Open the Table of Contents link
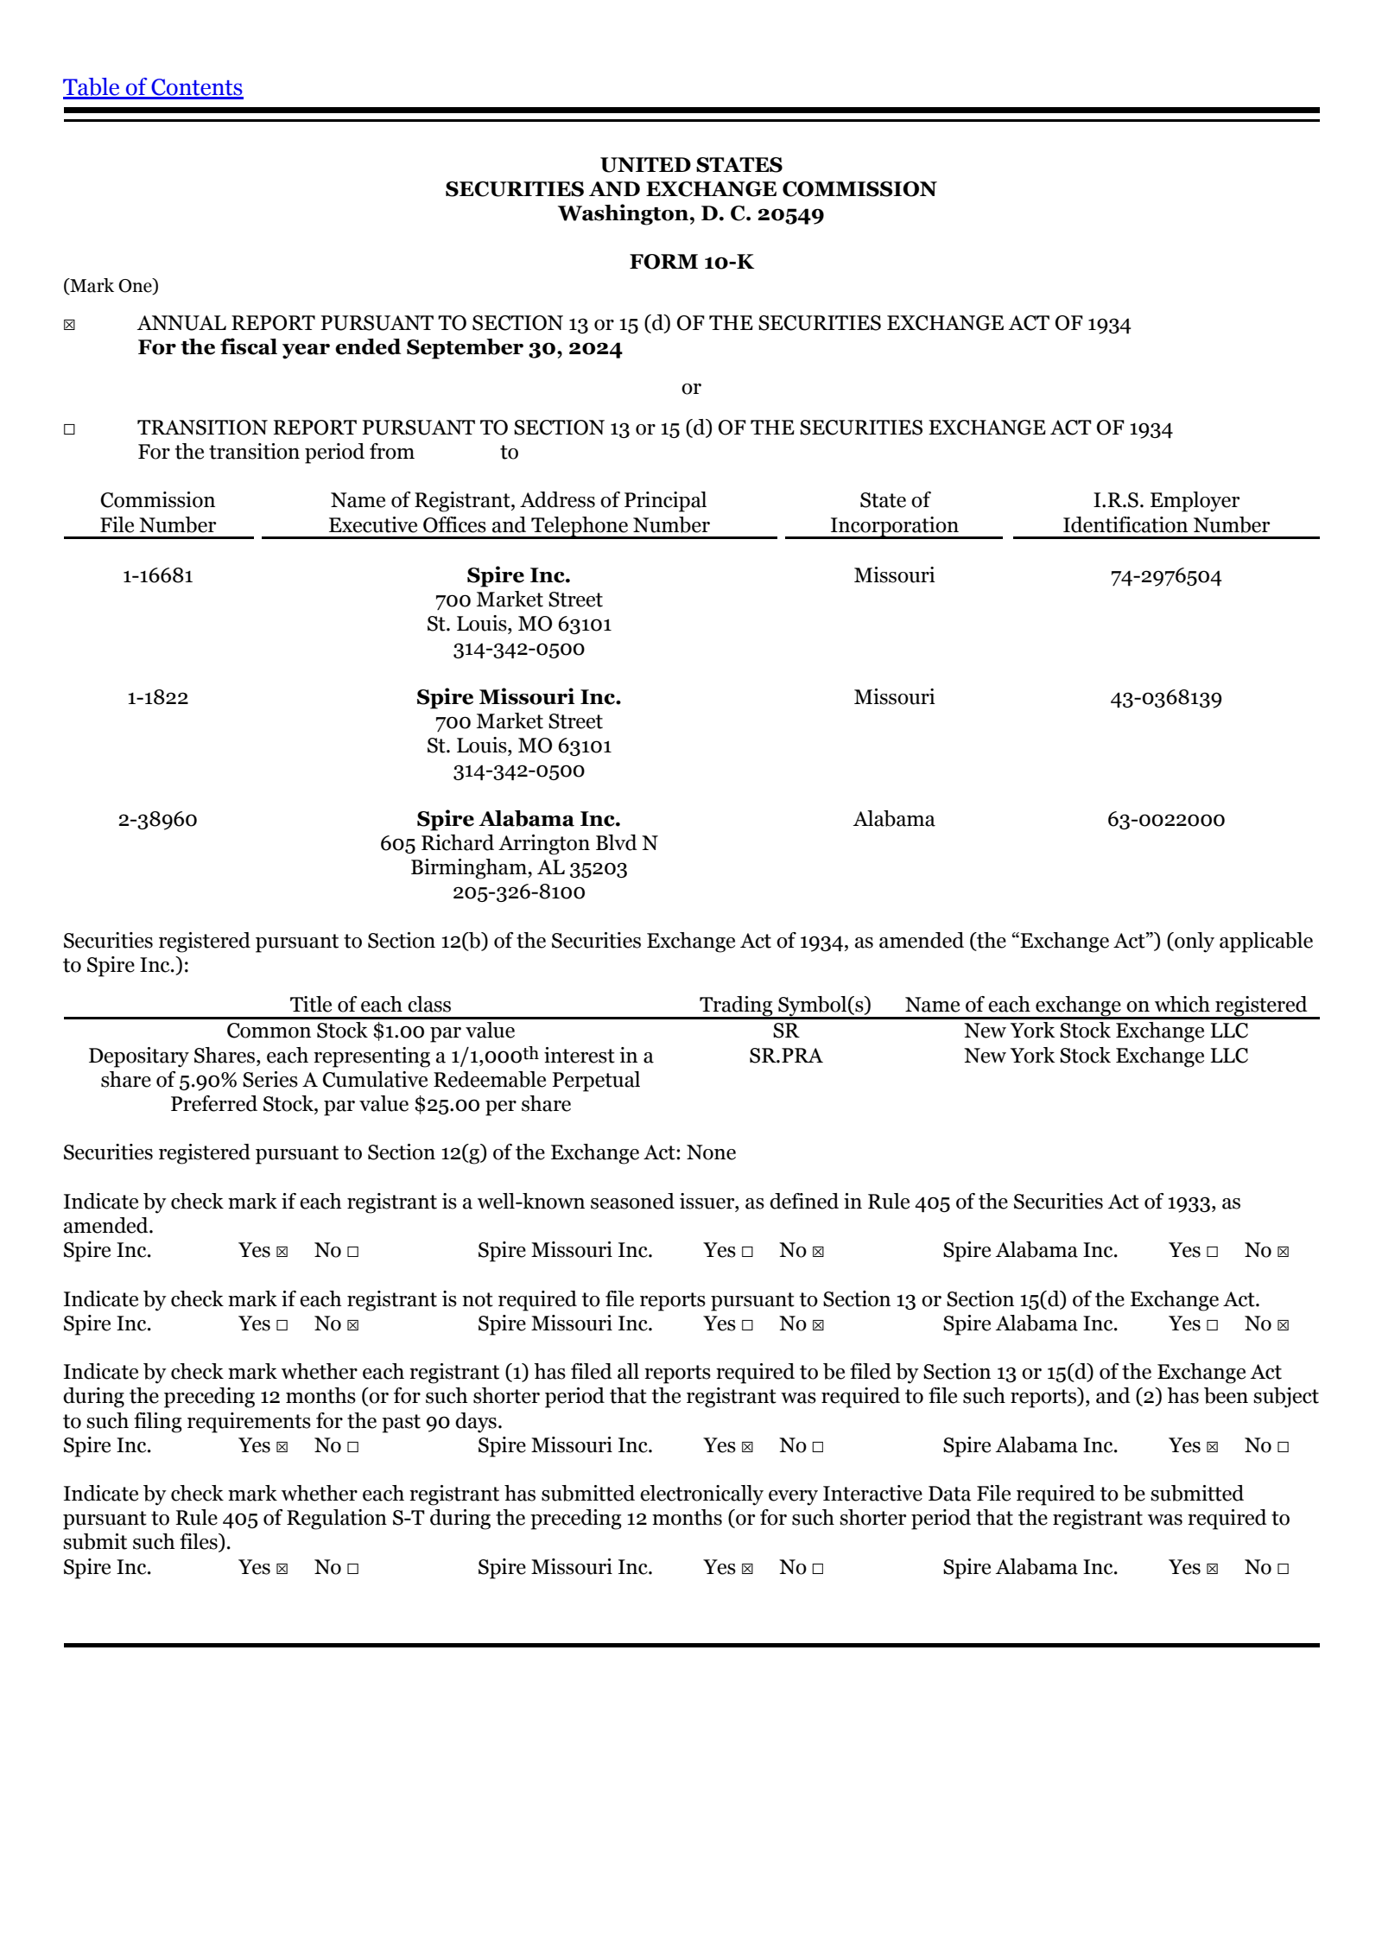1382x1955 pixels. [153, 87]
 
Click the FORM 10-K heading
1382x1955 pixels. [691, 262]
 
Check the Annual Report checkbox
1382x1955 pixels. [69, 325]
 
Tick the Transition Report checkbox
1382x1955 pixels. [69, 429]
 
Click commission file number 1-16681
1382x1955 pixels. [157, 575]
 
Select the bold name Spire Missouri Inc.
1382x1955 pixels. [518, 697]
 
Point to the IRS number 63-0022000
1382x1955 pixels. [1165, 819]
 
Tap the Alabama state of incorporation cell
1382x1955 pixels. [894, 819]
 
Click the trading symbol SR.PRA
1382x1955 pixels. [785, 1056]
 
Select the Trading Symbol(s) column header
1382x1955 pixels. [785, 1005]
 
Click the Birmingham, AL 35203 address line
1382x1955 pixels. [518, 867]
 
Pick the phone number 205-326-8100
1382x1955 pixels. [518, 892]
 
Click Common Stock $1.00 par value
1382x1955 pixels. [371, 1031]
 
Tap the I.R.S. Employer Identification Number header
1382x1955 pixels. [1165, 512]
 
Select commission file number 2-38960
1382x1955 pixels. [157, 819]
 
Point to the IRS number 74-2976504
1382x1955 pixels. [1165, 576]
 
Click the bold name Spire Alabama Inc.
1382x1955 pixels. [518, 819]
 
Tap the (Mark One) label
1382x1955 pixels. [111, 286]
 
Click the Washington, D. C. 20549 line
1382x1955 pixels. [691, 213]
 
